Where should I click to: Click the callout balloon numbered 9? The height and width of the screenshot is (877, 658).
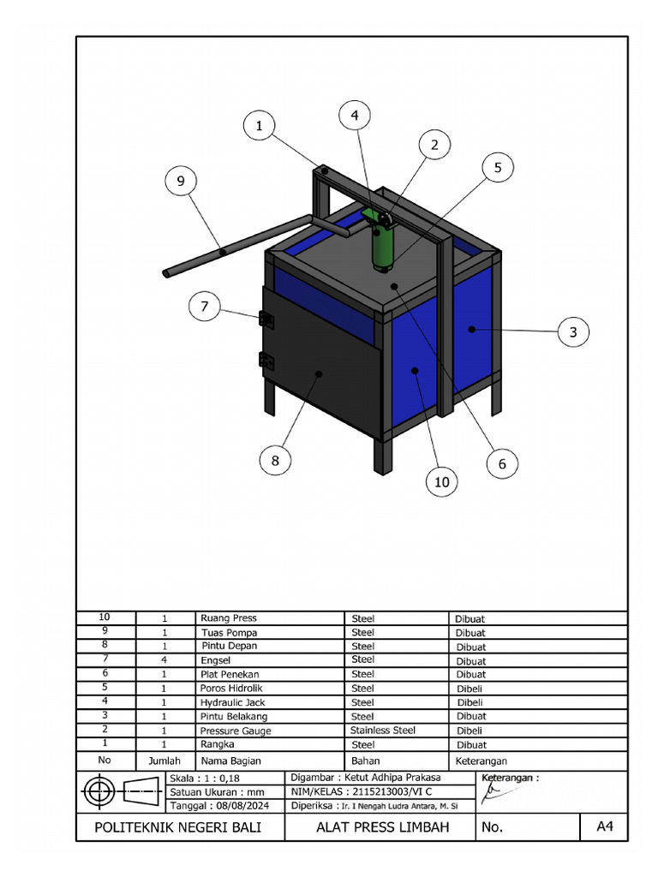(x=181, y=181)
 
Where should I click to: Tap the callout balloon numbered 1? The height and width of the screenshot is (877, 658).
(x=259, y=127)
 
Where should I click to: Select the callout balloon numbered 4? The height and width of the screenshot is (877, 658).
(x=354, y=116)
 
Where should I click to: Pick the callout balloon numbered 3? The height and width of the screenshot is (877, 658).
(x=573, y=332)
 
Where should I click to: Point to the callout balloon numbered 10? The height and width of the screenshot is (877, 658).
(x=441, y=482)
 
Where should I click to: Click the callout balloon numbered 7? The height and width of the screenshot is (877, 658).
(x=205, y=306)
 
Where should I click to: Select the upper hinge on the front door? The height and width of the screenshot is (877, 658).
(x=266, y=319)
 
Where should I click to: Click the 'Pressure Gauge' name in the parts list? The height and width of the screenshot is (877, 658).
(x=236, y=731)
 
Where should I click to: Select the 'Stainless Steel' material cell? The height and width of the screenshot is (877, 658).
(x=382, y=731)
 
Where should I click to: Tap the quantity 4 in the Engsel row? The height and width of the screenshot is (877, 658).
(x=164, y=660)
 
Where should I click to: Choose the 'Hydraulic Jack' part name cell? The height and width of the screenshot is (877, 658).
(x=232, y=702)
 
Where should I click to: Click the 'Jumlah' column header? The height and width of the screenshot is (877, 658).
(x=164, y=761)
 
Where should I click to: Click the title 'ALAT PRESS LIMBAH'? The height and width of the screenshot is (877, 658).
(x=382, y=827)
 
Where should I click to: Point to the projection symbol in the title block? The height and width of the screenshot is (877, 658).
(x=122, y=792)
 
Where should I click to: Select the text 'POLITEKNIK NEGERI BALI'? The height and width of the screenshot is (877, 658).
(x=177, y=827)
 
